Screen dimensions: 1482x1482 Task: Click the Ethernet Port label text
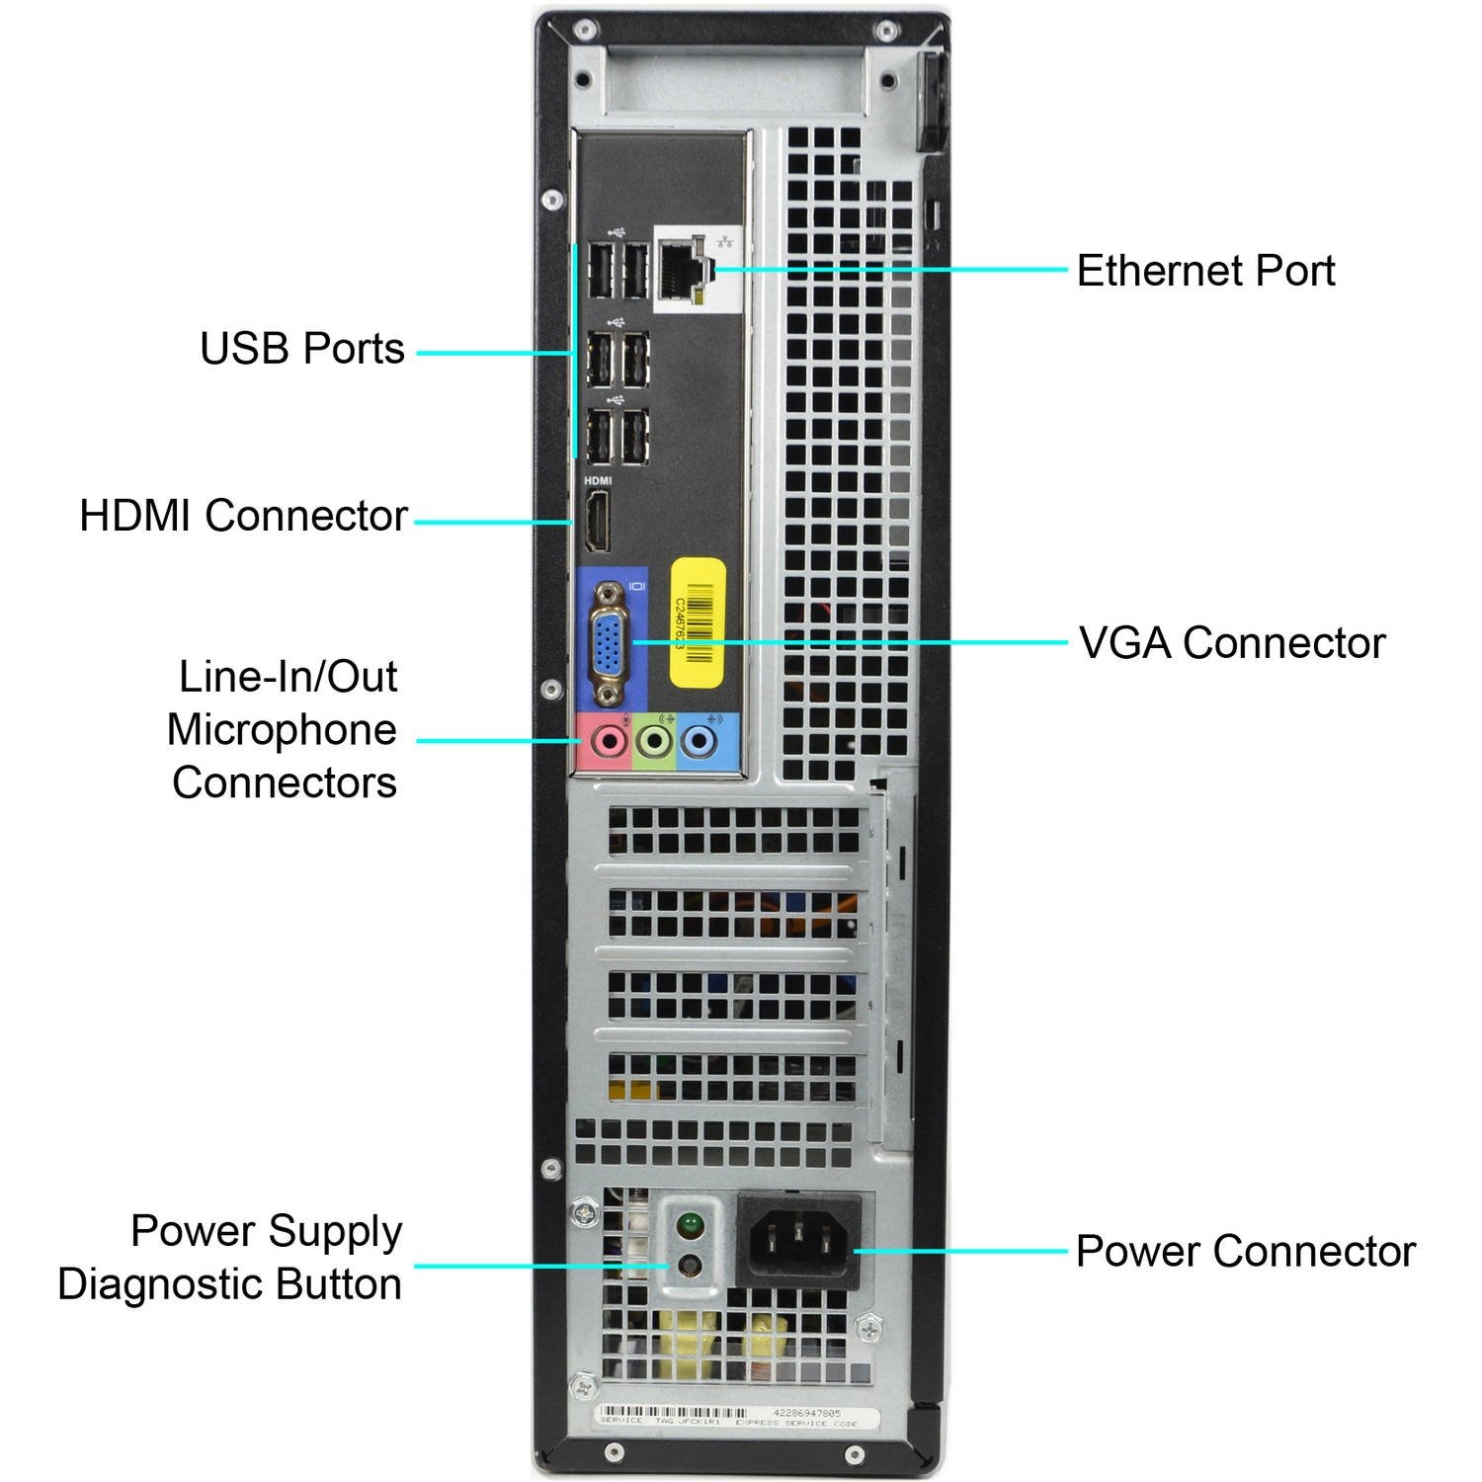coord(1204,271)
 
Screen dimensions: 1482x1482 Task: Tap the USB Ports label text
coord(302,349)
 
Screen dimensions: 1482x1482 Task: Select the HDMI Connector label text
coord(243,516)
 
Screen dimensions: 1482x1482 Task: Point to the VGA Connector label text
coord(1231,643)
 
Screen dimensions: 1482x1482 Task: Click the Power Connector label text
coord(1245,1251)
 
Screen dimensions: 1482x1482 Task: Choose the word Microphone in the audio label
coord(282,730)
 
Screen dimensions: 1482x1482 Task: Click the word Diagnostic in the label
coord(161,1284)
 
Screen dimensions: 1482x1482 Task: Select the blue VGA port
coord(611,644)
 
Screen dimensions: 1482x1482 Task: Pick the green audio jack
coord(654,740)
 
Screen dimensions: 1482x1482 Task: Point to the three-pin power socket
coord(799,1240)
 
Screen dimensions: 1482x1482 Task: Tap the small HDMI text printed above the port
coord(598,481)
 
